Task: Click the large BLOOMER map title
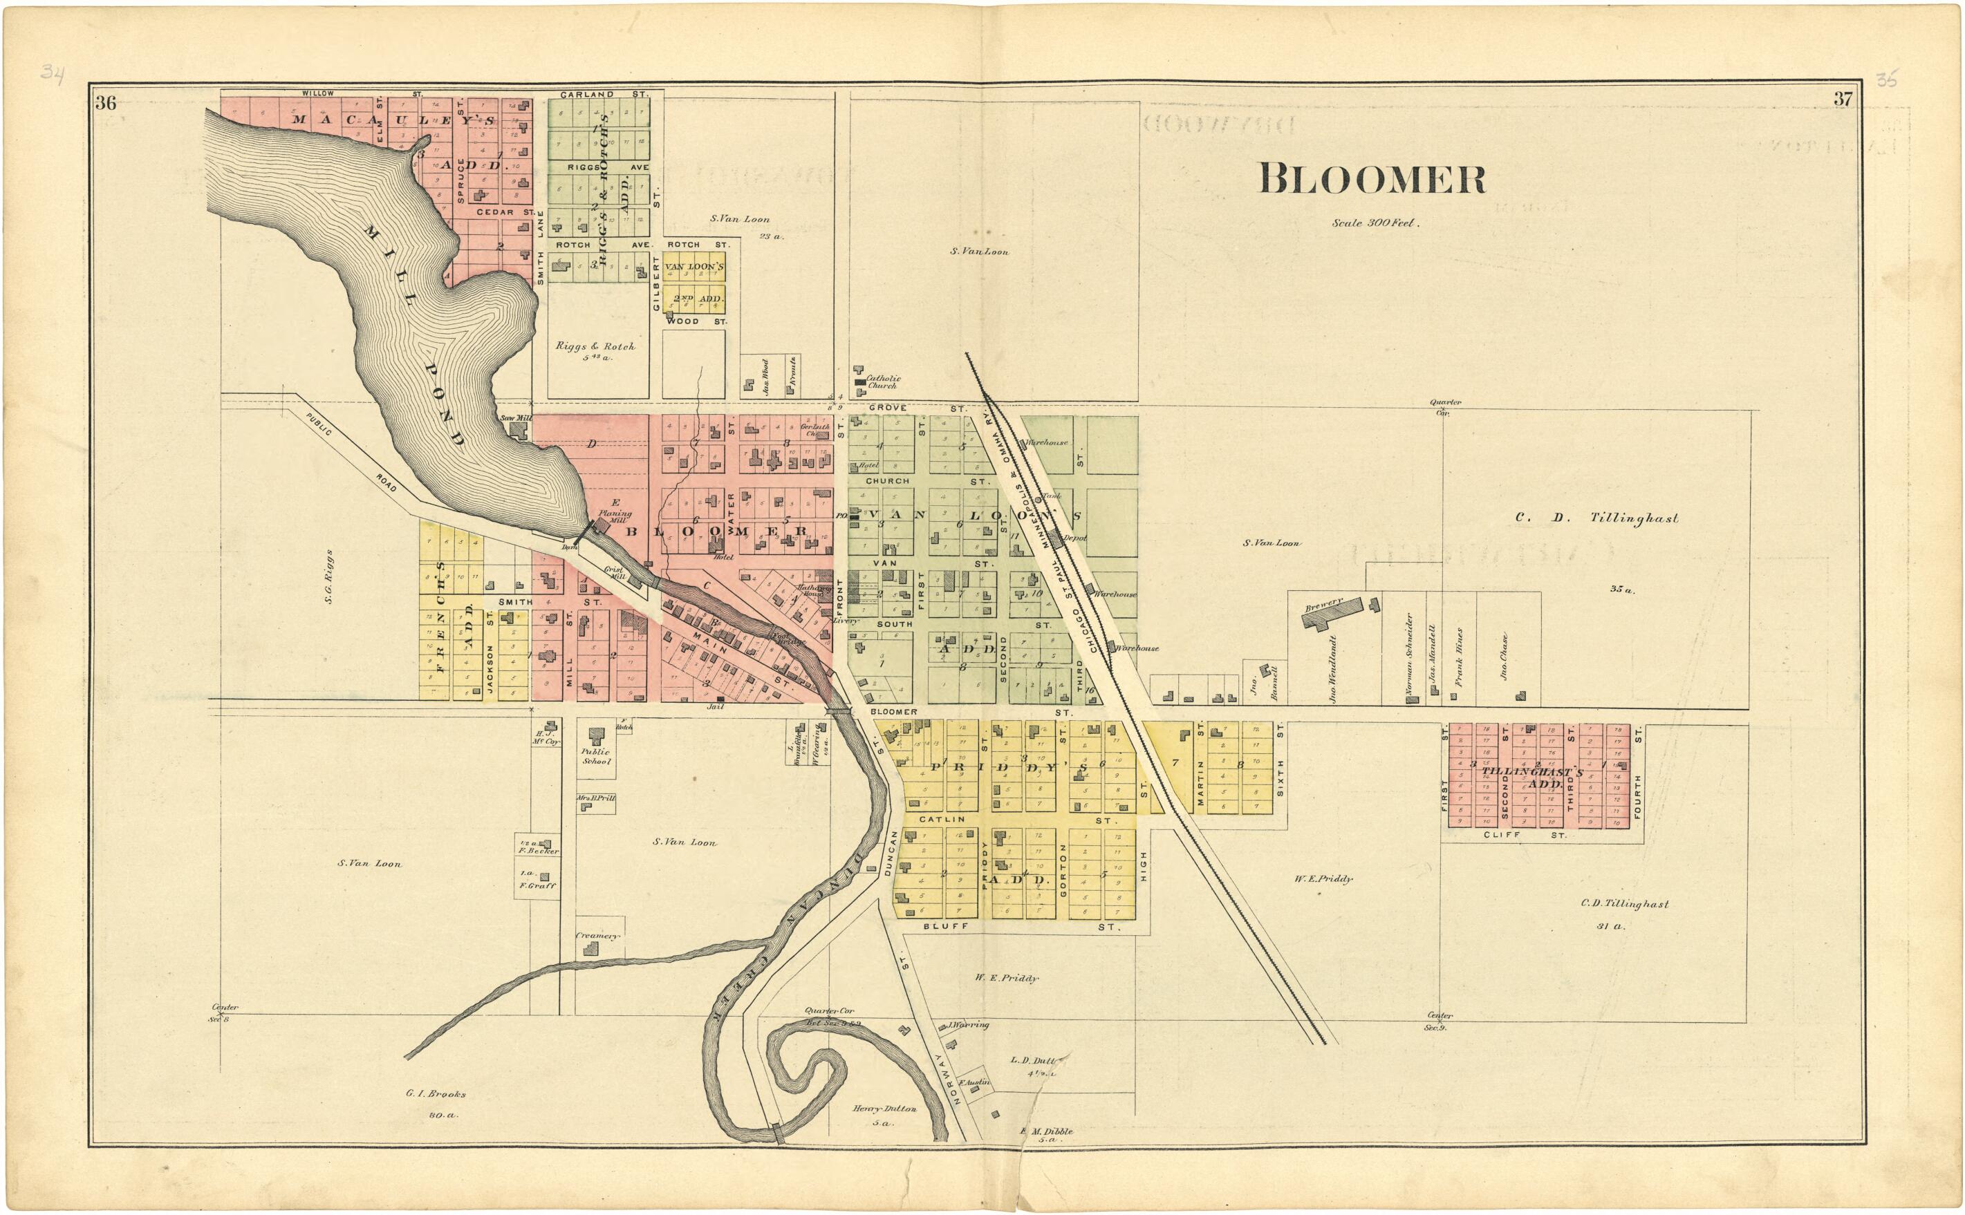pos(1371,178)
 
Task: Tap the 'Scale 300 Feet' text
pos(1375,223)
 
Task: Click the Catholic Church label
pos(882,382)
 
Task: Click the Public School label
pos(596,756)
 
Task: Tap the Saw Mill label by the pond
pos(515,419)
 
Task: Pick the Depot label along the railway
pos(1074,538)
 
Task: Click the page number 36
pos(105,102)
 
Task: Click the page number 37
pos(1842,100)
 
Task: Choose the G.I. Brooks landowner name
pos(436,1093)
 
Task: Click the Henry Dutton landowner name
pos(884,1109)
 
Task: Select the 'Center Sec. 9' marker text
pos(1435,1021)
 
